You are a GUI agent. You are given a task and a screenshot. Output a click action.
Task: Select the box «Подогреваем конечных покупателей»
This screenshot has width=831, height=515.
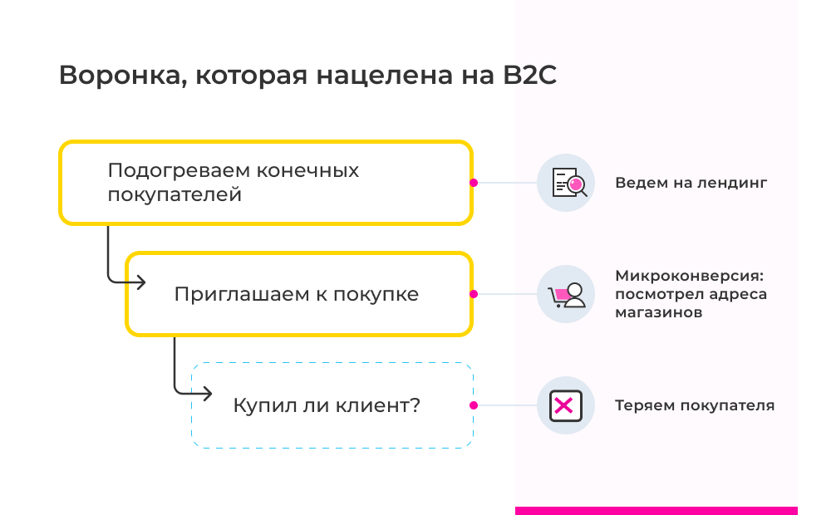click(266, 183)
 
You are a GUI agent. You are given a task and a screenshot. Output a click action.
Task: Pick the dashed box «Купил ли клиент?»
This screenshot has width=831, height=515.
click(332, 405)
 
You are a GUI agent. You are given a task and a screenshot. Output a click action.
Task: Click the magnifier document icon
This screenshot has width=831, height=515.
click(566, 182)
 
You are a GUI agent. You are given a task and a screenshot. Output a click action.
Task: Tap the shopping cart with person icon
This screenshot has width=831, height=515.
click(566, 294)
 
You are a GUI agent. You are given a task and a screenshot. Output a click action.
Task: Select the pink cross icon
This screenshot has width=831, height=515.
click(565, 405)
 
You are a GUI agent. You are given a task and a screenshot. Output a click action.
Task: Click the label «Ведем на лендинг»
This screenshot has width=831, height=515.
click(691, 183)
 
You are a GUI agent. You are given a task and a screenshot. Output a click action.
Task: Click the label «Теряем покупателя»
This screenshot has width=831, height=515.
click(695, 406)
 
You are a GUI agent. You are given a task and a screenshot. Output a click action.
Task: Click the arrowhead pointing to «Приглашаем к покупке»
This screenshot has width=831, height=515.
click(141, 282)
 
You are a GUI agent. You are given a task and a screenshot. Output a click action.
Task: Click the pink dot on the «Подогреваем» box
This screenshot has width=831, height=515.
click(473, 183)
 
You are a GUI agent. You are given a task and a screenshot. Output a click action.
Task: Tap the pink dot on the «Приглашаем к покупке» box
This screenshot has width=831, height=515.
click(473, 294)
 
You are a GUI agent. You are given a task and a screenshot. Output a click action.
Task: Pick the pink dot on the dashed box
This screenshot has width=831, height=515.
click(473, 405)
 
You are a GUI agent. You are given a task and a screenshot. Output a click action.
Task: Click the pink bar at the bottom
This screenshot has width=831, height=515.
click(656, 510)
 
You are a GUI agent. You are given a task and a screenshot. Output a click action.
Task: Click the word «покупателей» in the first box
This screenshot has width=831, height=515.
click(175, 196)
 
